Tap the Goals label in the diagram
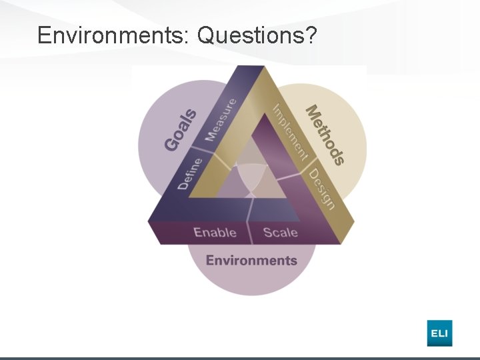point(181,129)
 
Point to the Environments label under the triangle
point(251,260)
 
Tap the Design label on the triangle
point(321,189)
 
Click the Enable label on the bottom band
point(215,232)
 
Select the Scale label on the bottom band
point(281,232)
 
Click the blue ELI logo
point(439,333)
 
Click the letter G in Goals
point(171,142)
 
